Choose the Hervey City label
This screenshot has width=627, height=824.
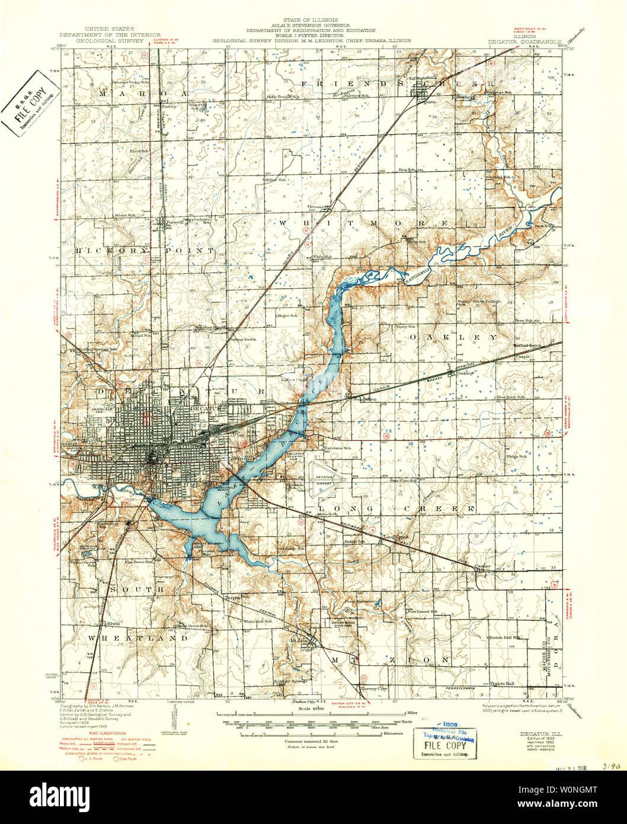tap(374, 688)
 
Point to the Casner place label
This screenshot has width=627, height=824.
tap(484, 566)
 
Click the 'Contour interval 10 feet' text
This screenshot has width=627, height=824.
tap(309, 741)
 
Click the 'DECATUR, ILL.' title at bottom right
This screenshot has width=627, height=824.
tap(529, 733)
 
